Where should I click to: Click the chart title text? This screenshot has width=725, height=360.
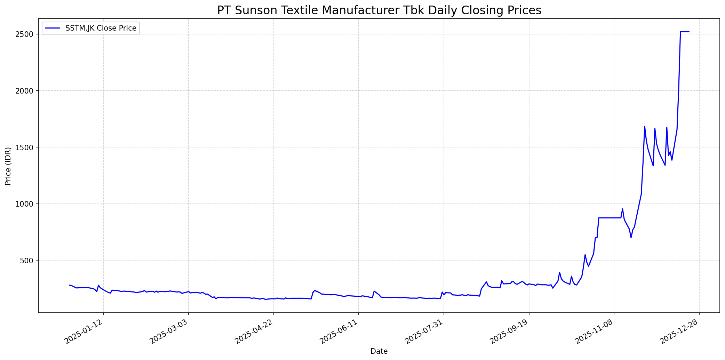pyautogui.click(x=379, y=10)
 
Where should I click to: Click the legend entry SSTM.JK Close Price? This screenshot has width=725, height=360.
pyautogui.click(x=101, y=28)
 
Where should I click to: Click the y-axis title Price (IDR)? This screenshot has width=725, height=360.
pyautogui.click(x=8, y=166)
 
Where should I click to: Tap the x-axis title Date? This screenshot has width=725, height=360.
pyautogui.click(x=379, y=351)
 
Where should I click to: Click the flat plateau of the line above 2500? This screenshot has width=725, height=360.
pyautogui.click(x=684, y=32)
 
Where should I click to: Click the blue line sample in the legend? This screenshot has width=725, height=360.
pyautogui.click(x=53, y=28)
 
